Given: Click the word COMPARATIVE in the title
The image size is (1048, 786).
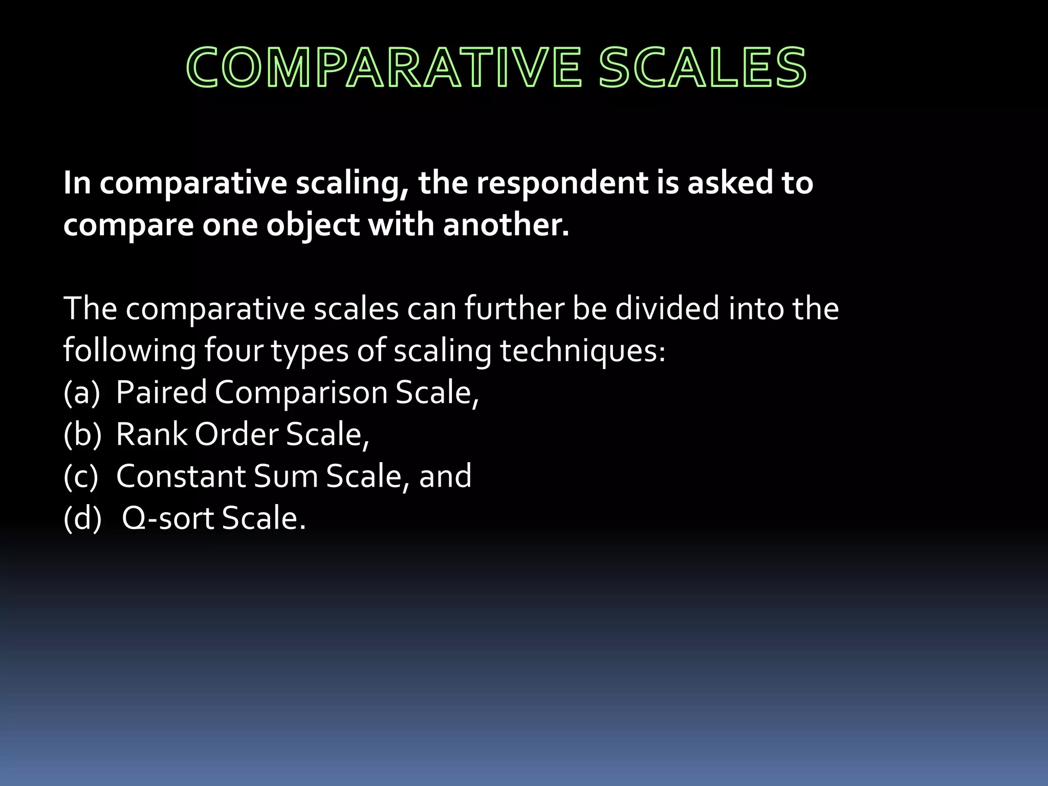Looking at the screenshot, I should [383, 68].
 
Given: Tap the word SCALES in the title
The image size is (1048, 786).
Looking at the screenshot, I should [703, 68].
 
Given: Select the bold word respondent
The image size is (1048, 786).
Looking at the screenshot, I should [562, 183].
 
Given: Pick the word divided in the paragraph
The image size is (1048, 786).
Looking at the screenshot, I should [667, 309].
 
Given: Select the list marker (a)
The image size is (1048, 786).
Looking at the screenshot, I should [81, 393].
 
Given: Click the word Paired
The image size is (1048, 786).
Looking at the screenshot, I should [161, 393].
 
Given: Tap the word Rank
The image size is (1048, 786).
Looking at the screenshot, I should [151, 434].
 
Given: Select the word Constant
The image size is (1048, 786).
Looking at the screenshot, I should [181, 476].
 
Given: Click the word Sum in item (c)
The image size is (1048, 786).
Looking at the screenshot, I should [286, 476].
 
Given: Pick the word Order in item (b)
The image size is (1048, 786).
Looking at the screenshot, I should [236, 434].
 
